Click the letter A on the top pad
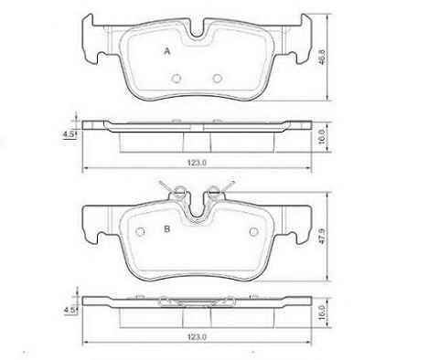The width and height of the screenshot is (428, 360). point(166,51)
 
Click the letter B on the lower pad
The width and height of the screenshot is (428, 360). point(166,228)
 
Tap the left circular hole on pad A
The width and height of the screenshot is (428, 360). point(177,79)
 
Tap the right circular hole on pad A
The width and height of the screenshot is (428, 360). point(217,79)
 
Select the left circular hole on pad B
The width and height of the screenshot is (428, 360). point(140,232)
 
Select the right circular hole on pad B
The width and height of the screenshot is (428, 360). point(253,232)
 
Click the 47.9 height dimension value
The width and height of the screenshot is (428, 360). point(322,236)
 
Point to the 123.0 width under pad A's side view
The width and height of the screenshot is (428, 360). point(197,163)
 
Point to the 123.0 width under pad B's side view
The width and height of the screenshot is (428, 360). point(197,337)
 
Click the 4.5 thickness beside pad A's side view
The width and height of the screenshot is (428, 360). point(68,134)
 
